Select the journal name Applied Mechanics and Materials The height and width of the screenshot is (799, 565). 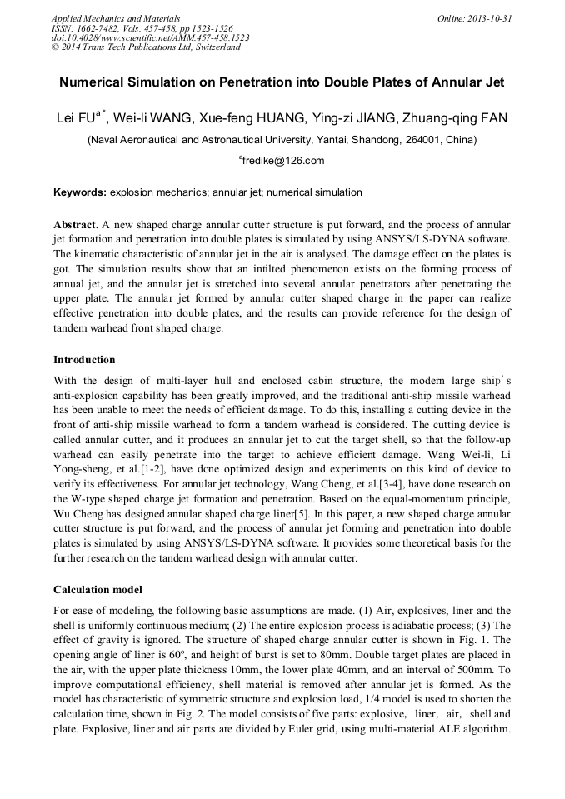115,17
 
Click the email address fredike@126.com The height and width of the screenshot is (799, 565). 283,161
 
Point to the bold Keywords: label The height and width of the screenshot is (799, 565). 80,192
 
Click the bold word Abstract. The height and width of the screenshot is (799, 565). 76,225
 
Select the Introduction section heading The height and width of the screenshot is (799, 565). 84,360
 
